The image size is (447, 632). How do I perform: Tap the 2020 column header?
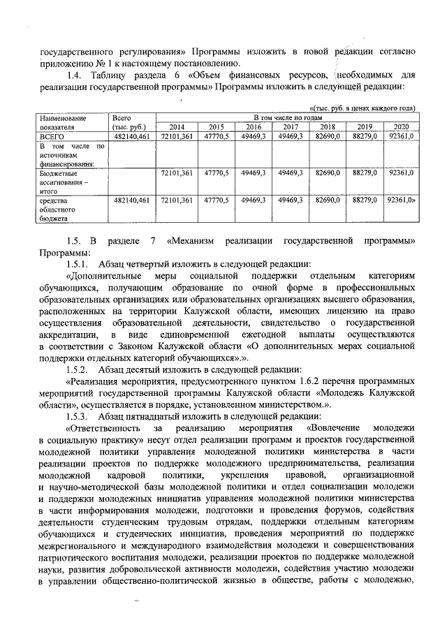(x=401, y=127)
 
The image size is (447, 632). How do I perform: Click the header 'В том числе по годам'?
(x=287, y=118)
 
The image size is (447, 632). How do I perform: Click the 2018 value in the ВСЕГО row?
(x=327, y=136)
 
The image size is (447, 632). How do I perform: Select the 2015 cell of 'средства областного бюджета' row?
(x=217, y=200)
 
